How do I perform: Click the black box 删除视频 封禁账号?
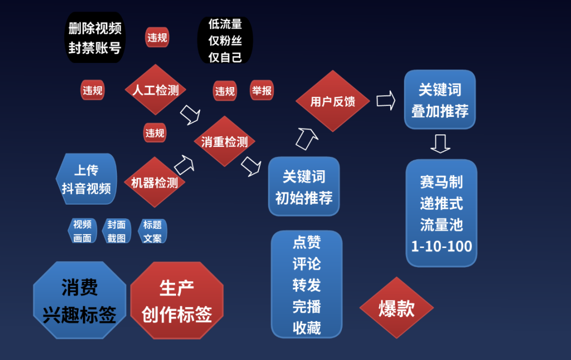point(95,38)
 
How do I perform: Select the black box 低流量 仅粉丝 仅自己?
point(225,40)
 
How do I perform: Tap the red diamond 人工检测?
point(155,89)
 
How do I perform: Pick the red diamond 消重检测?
point(224,141)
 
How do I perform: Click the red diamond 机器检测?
point(154,182)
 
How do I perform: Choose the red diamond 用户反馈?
point(333,101)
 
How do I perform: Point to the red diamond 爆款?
point(397,308)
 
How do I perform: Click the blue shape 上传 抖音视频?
point(86,179)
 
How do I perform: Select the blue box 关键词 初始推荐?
point(303,187)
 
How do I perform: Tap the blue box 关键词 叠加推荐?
point(440,99)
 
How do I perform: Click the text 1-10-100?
point(441,246)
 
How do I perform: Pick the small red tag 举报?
point(262,90)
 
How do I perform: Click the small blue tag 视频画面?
point(82,231)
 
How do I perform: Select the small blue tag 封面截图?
point(116,231)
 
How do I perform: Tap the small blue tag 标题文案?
point(152,231)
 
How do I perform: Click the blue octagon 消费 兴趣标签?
point(80,300)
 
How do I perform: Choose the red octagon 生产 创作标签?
point(177,300)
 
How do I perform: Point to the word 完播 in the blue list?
point(307,307)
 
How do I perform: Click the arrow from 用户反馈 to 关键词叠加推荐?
point(386,100)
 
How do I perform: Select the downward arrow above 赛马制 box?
point(440,144)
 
